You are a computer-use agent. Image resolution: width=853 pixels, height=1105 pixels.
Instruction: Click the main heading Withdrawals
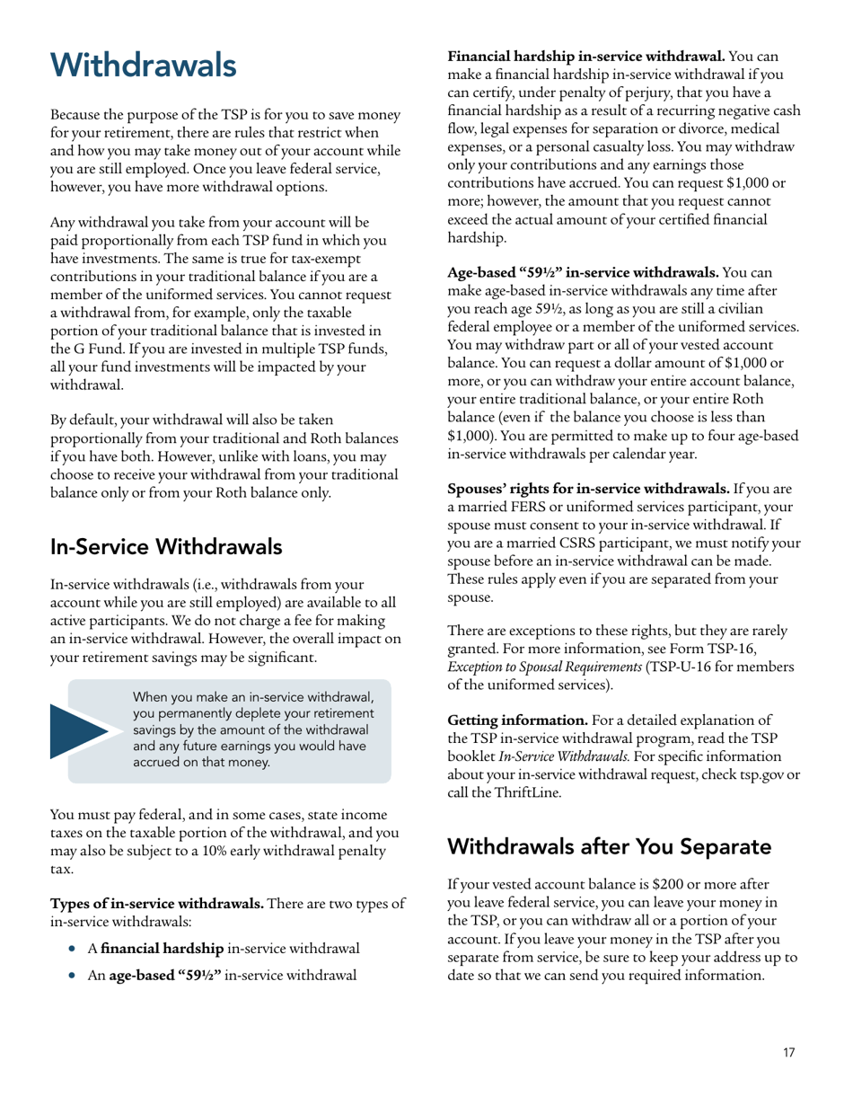click(x=144, y=65)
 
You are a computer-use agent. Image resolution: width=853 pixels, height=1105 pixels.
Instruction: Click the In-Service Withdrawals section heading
click(x=166, y=546)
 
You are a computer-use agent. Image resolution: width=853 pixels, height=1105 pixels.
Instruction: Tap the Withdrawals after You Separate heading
click(x=609, y=846)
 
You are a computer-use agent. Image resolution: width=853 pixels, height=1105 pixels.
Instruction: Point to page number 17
click(x=788, y=1053)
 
